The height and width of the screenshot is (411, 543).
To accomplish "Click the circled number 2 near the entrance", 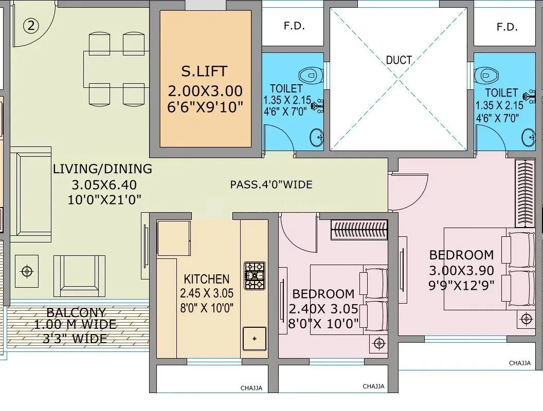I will pos(31,26).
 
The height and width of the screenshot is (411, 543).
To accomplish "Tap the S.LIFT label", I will pos(204,70).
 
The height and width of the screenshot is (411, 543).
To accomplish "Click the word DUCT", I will pos(399,60).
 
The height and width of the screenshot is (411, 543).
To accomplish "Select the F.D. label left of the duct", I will pos(294,26).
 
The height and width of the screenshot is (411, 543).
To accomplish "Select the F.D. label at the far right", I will pos(507,27).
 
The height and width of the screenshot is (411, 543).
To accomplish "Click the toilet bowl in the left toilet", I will pos(310,76).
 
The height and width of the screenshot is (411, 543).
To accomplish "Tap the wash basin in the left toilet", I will pos(316,137).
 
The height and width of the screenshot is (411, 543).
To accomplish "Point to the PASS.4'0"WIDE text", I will pos(271,184).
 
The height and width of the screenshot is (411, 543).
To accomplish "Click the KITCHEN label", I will pos(207,279).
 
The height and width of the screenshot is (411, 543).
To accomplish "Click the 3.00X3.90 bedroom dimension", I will pos(461,270).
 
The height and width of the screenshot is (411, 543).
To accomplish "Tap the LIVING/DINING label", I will pos(102,169).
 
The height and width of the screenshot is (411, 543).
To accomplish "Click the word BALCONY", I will pos(76,312).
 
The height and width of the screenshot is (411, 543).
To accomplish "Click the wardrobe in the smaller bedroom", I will pos(358,229).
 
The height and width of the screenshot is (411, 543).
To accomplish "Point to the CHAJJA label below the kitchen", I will pos(251,388).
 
